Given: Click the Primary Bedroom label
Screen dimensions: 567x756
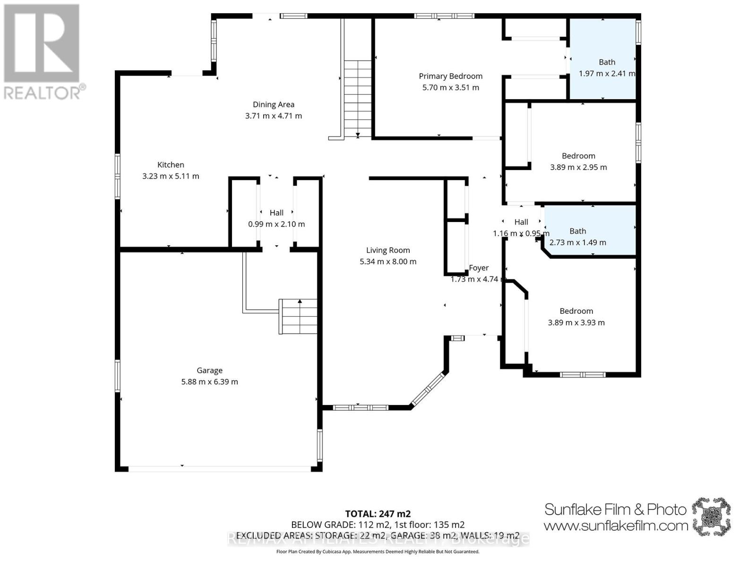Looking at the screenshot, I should pyautogui.click(x=450, y=76).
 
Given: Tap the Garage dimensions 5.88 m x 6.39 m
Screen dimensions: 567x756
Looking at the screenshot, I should pyautogui.click(x=209, y=382).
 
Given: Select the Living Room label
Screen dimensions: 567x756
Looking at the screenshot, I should pyautogui.click(x=388, y=250).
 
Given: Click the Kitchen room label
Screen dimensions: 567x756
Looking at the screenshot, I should pyautogui.click(x=171, y=165).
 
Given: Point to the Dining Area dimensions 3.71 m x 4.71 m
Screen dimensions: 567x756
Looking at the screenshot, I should pyautogui.click(x=273, y=116).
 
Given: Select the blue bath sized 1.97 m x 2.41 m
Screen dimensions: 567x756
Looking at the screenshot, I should pyautogui.click(x=602, y=59).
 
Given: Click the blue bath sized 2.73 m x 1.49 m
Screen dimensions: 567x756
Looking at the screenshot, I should pyautogui.click(x=591, y=232).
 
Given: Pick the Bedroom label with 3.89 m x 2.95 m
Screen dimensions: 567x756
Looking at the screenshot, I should pyautogui.click(x=578, y=156).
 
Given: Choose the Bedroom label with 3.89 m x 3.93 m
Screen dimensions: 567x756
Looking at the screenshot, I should pyautogui.click(x=576, y=311).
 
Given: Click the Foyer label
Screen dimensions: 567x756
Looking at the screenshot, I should pyautogui.click(x=479, y=268).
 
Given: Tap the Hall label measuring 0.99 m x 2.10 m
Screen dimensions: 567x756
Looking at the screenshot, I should pyautogui.click(x=276, y=213).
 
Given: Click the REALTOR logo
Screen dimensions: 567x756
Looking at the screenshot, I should pyautogui.click(x=43, y=52).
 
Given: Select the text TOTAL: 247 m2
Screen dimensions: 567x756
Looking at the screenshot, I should pyautogui.click(x=378, y=514).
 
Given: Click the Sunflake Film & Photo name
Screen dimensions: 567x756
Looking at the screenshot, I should pyautogui.click(x=615, y=509).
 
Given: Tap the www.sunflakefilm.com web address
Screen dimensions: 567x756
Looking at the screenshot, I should pyautogui.click(x=615, y=525).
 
